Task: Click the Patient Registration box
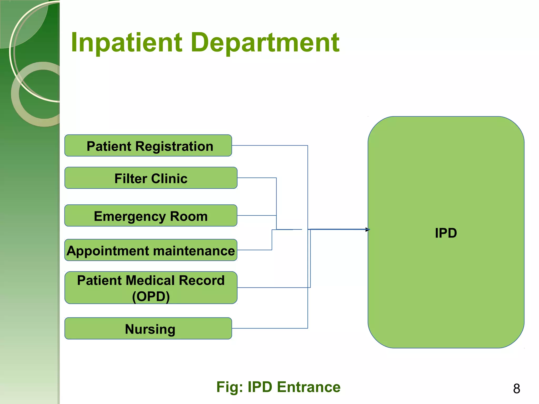coord(148,145)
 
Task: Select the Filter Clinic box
coord(151,178)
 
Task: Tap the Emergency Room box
coord(151,216)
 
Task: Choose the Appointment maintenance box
coord(151,250)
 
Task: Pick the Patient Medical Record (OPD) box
coord(151,288)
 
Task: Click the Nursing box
coord(148,329)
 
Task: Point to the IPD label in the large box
coord(446,233)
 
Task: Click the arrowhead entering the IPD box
coord(368,230)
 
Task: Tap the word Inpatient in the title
coord(127,43)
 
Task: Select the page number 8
coord(516,389)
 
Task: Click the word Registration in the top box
coord(174,146)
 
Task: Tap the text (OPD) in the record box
coord(151,296)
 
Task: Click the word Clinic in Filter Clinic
coord(169,179)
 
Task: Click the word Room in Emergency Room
coord(189,216)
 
